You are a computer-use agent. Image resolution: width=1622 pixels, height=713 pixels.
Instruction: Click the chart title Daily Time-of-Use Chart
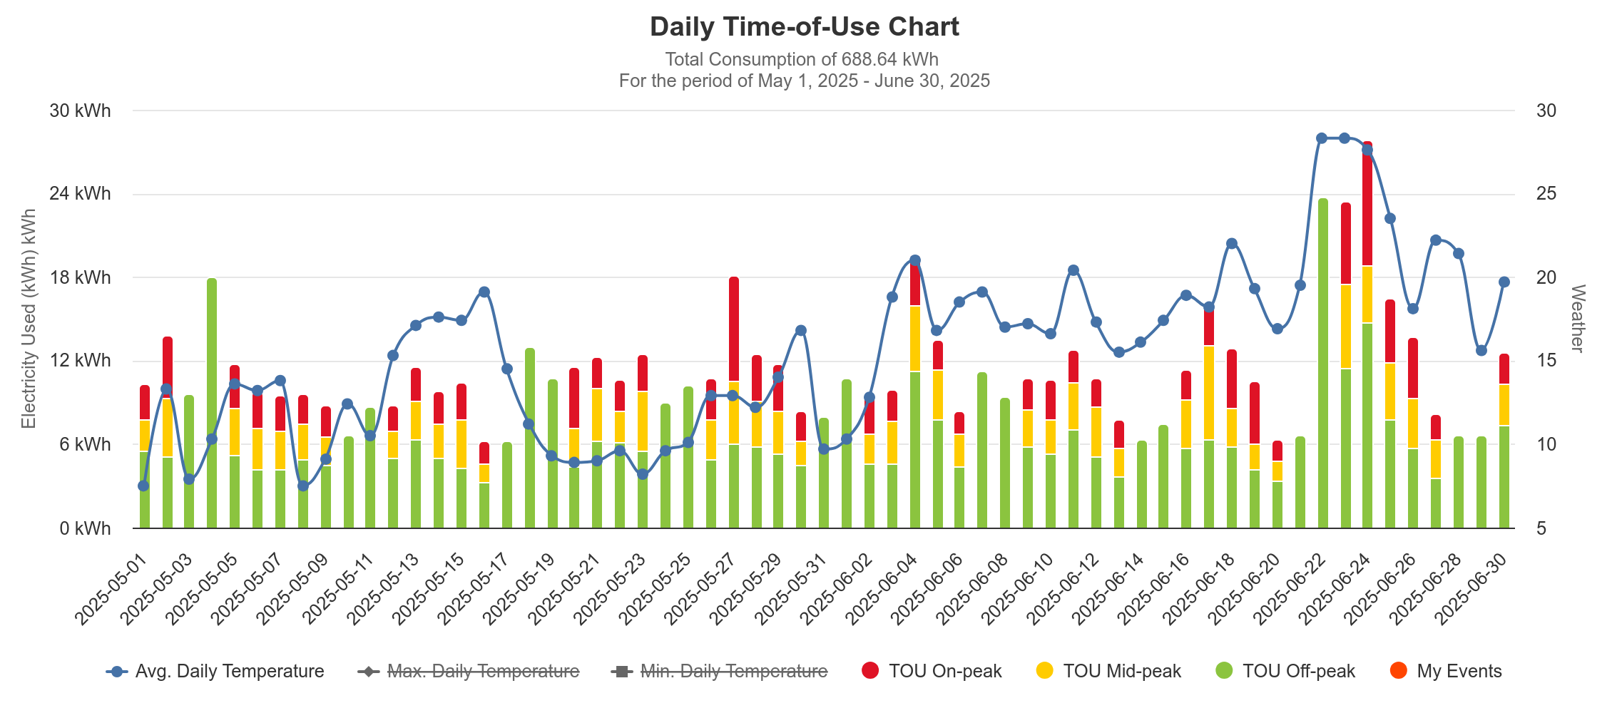tap(804, 27)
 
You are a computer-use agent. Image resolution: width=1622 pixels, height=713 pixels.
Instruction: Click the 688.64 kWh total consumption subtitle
tap(802, 59)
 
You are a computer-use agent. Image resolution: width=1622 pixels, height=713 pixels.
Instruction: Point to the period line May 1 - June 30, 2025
tap(804, 81)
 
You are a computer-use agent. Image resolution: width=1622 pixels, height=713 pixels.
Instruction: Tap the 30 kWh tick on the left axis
tap(80, 111)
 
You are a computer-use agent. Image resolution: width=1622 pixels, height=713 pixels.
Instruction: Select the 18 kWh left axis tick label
tap(80, 277)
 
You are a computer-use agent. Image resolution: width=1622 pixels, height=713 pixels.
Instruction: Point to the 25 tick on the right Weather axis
tap(1546, 194)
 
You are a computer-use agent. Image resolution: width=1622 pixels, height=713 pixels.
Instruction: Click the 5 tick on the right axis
tap(1541, 528)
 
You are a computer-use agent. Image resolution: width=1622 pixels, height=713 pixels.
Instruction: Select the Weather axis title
tap(1577, 318)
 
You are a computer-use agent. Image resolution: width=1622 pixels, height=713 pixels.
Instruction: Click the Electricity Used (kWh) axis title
tap(29, 318)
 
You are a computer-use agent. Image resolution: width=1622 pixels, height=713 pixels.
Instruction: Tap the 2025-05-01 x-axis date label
tap(111, 589)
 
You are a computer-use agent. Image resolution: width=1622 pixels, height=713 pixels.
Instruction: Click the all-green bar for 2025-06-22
tap(1323, 364)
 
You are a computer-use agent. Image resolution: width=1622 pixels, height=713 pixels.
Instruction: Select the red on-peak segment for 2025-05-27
tap(734, 328)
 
